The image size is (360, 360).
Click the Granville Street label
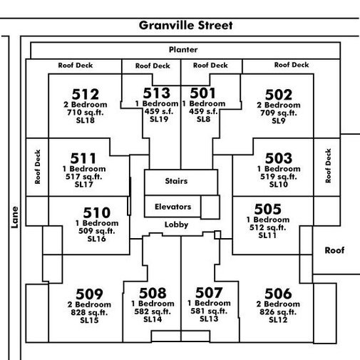click(x=185, y=26)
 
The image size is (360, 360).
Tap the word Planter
click(x=183, y=50)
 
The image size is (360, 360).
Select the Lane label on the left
click(x=15, y=217)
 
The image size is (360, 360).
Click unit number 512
click(x=86, y=94)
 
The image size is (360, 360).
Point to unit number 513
click(x=157, y=93)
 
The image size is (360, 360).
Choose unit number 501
click(x=202, y=93)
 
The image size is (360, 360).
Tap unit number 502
click(x=279, y=95)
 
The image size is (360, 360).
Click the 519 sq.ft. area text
click(x=279, y=177)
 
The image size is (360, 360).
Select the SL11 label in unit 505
click(x=267, y=235)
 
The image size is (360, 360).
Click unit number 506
click(x=278, y=294)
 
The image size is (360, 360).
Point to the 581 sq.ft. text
click(x=209, y=311)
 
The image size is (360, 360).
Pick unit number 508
click(x=153, y=293)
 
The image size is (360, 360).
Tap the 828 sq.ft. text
click(x=89, y=312)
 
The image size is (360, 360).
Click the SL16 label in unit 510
click(x=96, y=239)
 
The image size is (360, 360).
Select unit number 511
click(x=83, y=158)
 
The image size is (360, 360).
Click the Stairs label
click(x=176, y=181)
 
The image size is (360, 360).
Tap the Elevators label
click(x=173, y=207)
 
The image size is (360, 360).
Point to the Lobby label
click(x=176, y=225)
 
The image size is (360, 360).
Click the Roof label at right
click(x=334, y=250)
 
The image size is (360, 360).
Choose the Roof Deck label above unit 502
click(x=292, y=65)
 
